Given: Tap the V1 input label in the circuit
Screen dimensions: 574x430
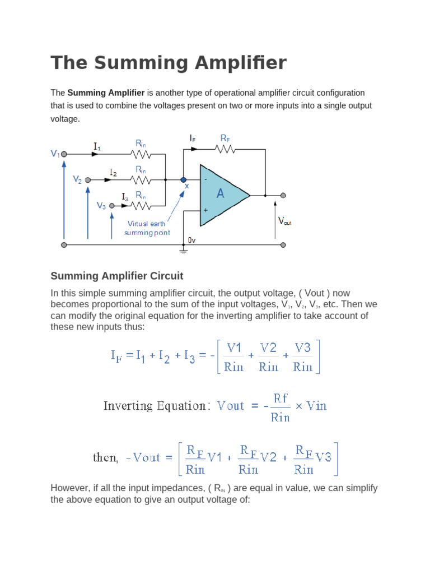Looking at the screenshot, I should click(x=55, y=153).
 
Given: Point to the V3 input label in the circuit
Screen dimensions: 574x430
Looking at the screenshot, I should click(x=101, y=206).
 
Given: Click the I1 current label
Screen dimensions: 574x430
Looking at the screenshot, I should click(x=97, y=147).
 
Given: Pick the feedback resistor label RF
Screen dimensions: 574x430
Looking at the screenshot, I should click(x=225, y=137).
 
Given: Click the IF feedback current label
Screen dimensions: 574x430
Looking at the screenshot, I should click(x=193, y=137).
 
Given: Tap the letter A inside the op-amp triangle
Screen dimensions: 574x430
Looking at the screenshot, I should click(x=221, y=194).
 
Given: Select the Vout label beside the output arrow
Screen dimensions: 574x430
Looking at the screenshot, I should click(x=284, y=221).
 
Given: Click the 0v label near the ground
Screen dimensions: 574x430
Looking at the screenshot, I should click(x=191, y=239).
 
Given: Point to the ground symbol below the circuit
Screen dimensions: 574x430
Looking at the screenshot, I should click(x=184, y=251).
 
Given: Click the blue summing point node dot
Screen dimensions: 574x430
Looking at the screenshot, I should click(x=184, y=180).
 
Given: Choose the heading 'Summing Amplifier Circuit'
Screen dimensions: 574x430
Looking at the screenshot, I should click(x=117, y=276).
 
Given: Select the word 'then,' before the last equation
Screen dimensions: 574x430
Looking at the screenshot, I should click(x=105, y=457).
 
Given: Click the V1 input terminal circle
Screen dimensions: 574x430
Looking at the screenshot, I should click(x=64, y=154).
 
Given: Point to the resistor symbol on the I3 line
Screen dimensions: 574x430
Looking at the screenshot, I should click(x=141, y=206).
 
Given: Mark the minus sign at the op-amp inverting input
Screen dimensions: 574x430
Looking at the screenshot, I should click(x=205, y=179).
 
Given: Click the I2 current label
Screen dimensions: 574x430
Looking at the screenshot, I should click(x=114, y=173).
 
